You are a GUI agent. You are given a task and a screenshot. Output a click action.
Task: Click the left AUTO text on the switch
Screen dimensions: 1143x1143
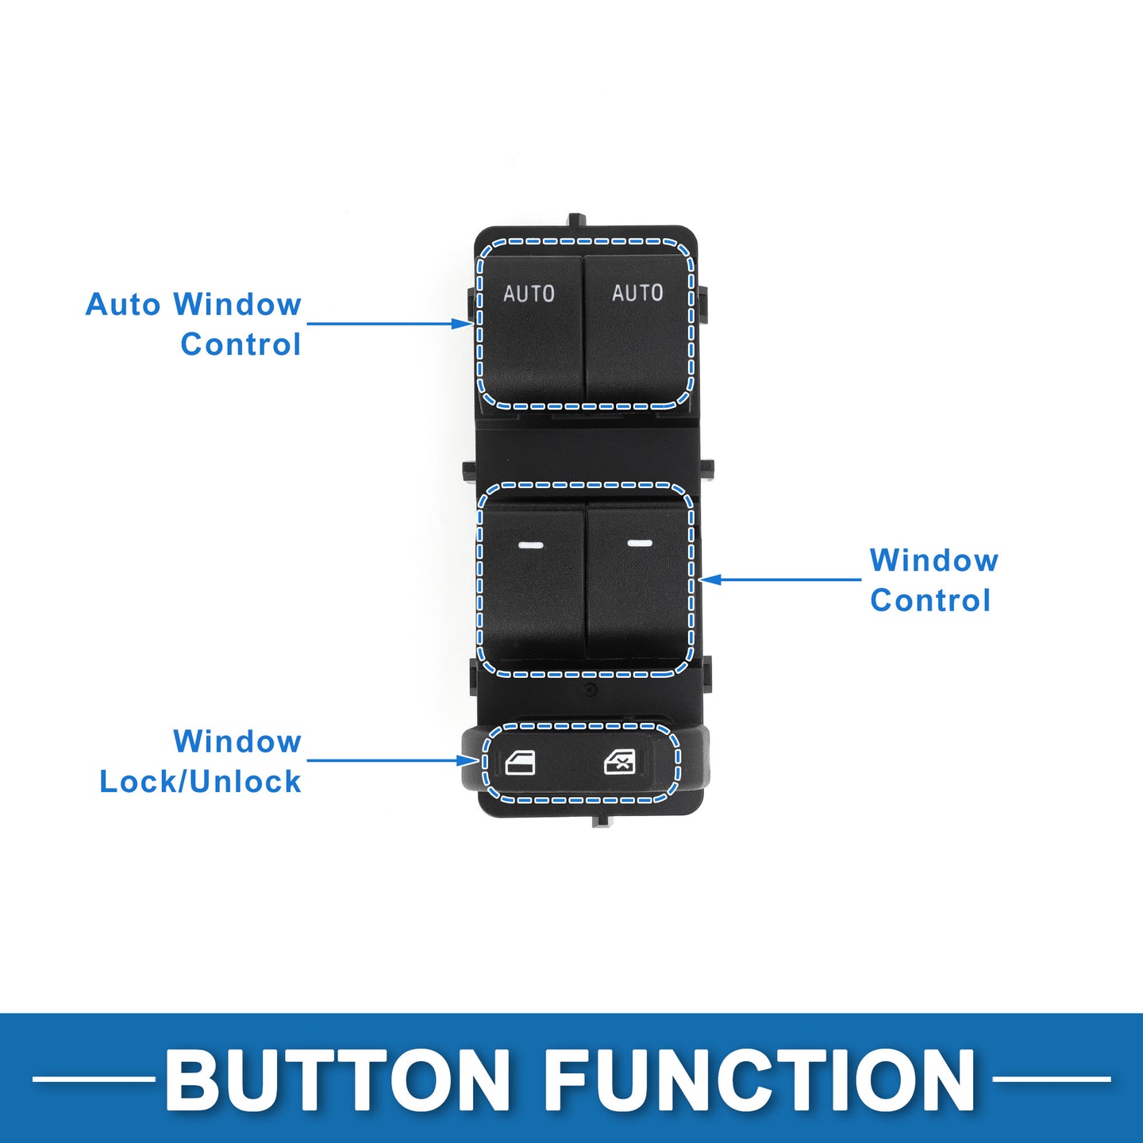[529, 294]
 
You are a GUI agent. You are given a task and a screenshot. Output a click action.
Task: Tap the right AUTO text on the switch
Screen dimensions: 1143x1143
[637, 292]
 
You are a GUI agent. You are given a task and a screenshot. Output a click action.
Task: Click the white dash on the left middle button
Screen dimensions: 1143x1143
[529, 545]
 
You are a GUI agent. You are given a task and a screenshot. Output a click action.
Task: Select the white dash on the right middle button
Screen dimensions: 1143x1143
[640, 543]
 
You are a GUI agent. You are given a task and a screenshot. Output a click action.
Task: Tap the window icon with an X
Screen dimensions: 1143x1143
[619, 762]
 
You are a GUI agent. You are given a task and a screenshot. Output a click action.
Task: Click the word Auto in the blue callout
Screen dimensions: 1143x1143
[123, 304]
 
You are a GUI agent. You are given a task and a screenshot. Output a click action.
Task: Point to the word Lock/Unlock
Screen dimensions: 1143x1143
[201, 781]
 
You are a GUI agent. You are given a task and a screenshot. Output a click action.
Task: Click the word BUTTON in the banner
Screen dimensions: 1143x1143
[337, 1079]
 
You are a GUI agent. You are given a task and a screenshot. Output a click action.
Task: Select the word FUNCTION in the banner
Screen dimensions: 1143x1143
[760, 1079]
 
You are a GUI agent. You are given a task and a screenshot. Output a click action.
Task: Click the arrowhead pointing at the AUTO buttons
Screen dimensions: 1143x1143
[462, 324]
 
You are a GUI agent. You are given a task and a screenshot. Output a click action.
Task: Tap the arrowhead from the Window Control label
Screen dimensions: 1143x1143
[710, 579]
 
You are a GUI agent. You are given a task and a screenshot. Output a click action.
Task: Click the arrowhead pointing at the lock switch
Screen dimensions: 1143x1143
[468, 760]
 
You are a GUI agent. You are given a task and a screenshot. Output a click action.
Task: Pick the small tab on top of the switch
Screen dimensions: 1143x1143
[576, 219]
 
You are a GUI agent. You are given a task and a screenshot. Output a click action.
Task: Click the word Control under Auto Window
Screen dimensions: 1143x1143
[241, 344]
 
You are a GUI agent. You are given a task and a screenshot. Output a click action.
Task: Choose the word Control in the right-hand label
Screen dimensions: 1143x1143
[930, 600]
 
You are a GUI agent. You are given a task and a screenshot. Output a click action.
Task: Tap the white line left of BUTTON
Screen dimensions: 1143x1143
[94, 1079]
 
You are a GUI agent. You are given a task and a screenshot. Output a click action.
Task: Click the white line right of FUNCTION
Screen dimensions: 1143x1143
[1051, 1079]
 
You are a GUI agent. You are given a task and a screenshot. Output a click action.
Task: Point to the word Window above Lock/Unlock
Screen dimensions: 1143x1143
[237, 741]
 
